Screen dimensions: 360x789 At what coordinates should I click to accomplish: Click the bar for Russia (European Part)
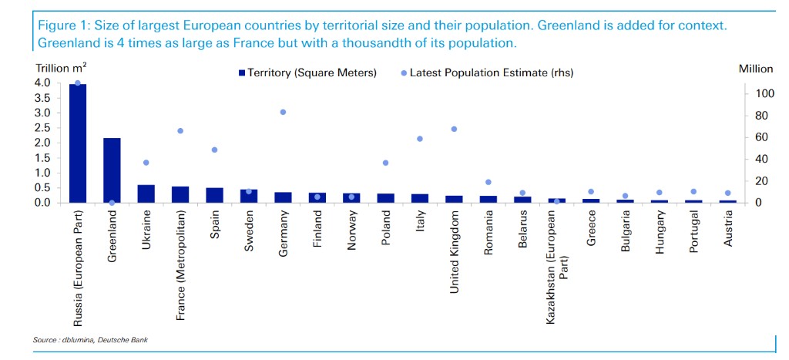pyautogui.click(x=78, y=143)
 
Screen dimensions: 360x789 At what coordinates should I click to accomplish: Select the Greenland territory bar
pyautogui.click(x=112, y=170)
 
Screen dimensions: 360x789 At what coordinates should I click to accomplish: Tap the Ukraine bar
pyautogui.click(x=146, y=193)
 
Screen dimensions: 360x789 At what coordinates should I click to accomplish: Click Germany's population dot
pyautogui.click(x=283, y=112)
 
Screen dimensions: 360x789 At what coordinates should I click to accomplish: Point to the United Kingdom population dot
pyautogui.click(x=454, y=129)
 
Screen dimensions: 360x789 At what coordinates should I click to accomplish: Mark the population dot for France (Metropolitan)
pyautogui.click(x=180, y=131)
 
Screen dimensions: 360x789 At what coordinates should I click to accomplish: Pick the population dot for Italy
pyautogui.click(x=420, y=139)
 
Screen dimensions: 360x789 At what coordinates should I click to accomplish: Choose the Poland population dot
pyautogui.click(x=385, y=163)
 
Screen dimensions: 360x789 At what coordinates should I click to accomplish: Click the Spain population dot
pyautogui.click(x=214, y=150)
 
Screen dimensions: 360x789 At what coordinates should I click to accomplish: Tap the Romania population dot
pyautogui.click(x=488, y=182)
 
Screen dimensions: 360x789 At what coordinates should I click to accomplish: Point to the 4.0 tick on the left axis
pyautogui.click(x=42, y=82)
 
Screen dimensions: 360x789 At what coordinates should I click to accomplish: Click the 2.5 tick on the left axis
pyautogui.click(x=42, y=128)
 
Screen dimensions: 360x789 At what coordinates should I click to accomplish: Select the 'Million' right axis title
pyautogui.click(x=755, y=69)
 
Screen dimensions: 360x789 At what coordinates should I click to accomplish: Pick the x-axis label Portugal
pyautogui.click(x=693, y=231)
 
